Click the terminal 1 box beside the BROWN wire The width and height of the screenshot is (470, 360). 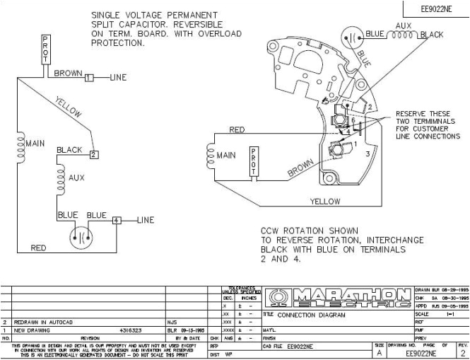click(89, 77)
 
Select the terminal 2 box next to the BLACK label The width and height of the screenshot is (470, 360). click(93, 153)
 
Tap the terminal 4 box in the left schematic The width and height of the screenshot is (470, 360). click(116, 220)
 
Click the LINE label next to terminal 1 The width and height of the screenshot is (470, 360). click(117, 77)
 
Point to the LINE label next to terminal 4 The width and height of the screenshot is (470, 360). click(144, 220)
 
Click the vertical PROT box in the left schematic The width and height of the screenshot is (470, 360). click(46, 50)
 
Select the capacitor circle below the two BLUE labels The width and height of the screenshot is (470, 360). click(80, 238)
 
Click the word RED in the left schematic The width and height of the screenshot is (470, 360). click(38, 248)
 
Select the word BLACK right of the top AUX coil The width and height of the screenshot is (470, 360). click(432, 34)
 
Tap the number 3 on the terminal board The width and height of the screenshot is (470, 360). click(368, 153)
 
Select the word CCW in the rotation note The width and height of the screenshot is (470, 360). click(271, 231)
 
